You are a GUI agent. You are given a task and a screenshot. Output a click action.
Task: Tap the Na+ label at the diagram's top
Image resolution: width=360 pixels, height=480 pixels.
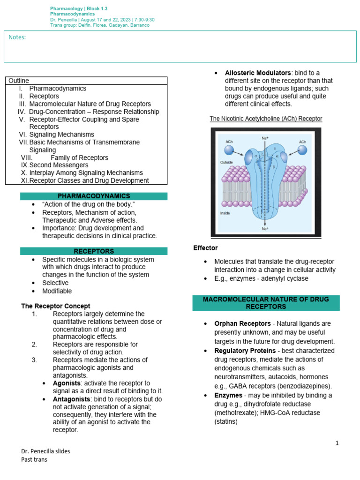(x=265, y=138)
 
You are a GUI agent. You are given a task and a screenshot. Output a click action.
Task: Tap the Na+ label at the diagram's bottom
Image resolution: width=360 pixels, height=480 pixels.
(x=265, y=228)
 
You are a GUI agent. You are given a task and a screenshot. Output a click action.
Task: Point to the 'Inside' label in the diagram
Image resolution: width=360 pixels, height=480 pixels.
(x=225, y=213)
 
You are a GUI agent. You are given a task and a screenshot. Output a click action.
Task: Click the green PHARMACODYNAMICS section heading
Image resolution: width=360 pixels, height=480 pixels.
(x=94, y=196)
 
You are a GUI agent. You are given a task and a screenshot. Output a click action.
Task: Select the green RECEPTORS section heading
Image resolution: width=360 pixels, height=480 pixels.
(x=94, y=251)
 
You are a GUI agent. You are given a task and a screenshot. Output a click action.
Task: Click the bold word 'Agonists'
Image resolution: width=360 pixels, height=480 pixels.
(x=66, y=383)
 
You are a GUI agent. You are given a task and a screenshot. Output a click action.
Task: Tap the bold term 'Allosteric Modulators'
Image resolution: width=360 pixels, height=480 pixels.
(x=257, y=73)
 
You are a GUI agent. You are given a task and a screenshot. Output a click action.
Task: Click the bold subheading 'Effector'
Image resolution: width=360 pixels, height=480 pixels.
(x=205, y=247)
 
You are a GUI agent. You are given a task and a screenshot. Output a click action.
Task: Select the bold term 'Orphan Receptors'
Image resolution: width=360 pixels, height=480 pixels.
(x=242, y=323)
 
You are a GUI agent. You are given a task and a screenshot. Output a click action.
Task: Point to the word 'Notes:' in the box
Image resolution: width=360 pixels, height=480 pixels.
(x=17, y=37)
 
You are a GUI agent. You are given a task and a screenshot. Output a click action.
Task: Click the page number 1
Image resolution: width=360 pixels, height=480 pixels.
(x=337, y=443)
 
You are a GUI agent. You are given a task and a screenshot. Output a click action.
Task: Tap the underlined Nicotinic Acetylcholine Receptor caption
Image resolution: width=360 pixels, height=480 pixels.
(x=266, y=119)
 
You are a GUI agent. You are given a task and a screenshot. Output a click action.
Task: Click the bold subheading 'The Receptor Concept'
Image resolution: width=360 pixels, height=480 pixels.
(x=56, y=306)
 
